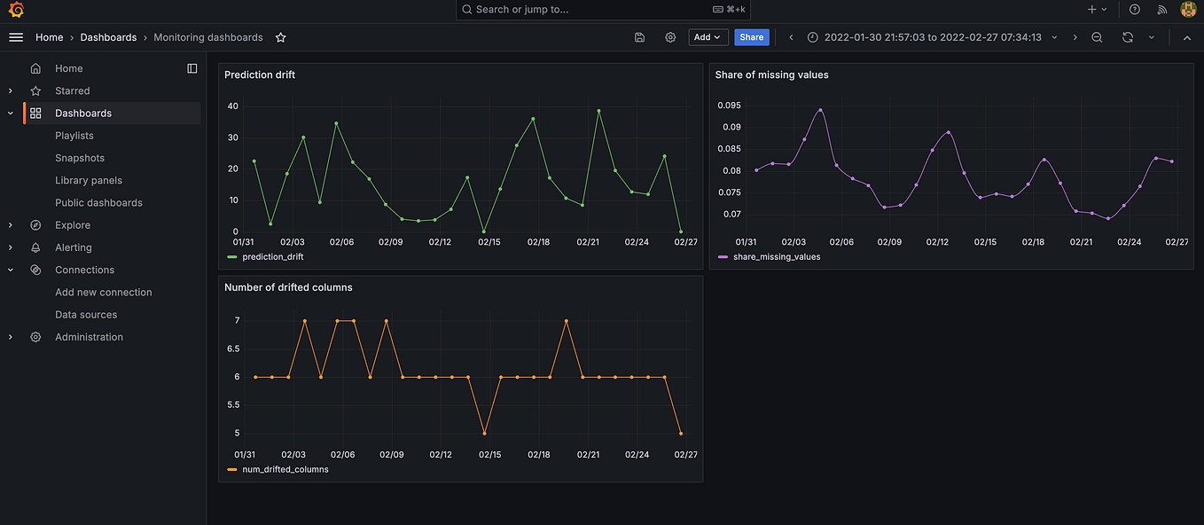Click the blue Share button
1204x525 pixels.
pos(751,37)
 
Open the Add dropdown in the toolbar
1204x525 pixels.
pos(708,37)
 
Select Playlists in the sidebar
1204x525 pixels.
pos(74,136)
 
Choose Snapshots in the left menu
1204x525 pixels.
pos(80,158)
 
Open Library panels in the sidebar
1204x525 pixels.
pos(89,180)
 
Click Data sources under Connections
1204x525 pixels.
pos(86,315)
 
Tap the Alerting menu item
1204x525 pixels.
pos(73,247)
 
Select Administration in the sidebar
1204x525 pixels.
pos(89,337)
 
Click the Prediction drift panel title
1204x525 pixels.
pos(260,75)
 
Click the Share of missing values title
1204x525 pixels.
pos(771,75)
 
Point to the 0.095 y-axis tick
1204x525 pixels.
pos(729,106)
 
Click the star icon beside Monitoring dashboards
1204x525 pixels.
pos(281,37)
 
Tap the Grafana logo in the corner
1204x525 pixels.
pos(15,10)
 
